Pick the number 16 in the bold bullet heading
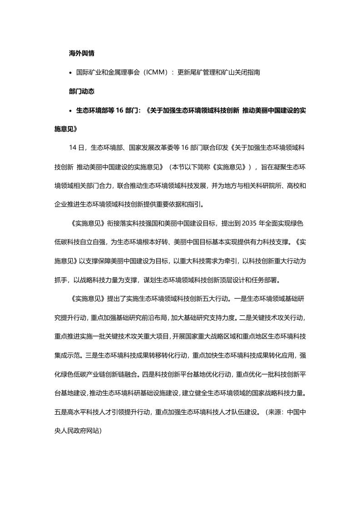coord(114,110)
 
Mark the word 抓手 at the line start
coord(60,279)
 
